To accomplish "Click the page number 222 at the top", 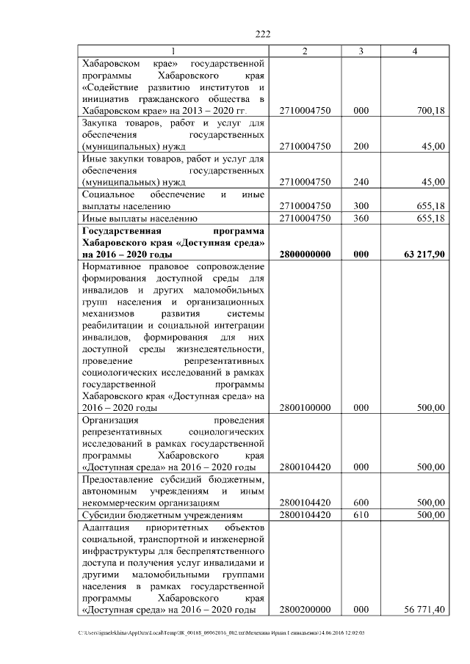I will [x=263, y=34].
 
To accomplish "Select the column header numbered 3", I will [x=361, y=51].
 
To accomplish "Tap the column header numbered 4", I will [x=416, y=51].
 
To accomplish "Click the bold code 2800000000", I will [x=305, y=254].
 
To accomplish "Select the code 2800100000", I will [x=305, y=408].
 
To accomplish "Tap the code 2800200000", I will [x=305, y=610].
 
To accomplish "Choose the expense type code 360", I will [x=361, y=218].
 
